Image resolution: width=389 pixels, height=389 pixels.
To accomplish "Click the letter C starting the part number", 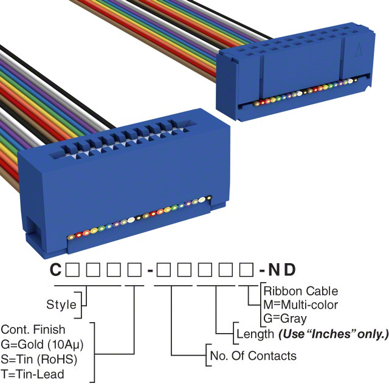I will [55, 269].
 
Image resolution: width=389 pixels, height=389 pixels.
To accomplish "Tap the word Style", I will [61, 304].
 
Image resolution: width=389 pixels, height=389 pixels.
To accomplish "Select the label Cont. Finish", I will [32, 330].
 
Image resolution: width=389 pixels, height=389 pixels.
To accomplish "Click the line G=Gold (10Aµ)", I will [41, 344].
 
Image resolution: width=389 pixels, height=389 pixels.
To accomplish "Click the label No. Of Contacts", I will [252, 356].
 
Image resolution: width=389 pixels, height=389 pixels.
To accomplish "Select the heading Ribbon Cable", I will [300, 291].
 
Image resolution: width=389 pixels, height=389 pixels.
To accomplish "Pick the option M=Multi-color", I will [300, 305].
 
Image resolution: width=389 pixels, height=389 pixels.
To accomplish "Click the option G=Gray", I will [285, 318].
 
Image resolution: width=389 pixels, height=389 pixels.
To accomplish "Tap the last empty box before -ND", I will [246, 269].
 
